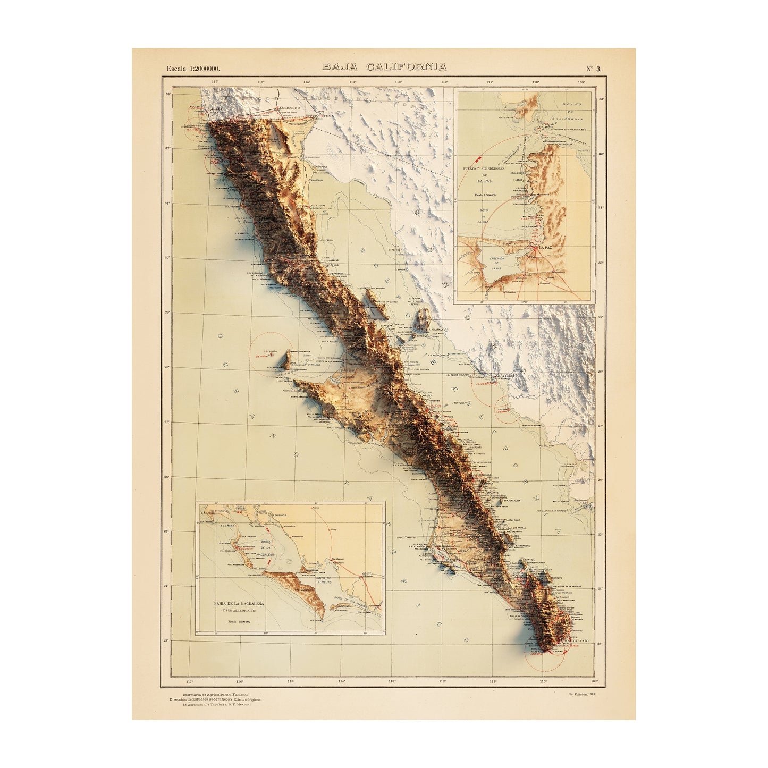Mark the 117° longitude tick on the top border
[x=215, y=82]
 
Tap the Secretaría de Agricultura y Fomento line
[x=215, y=695]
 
